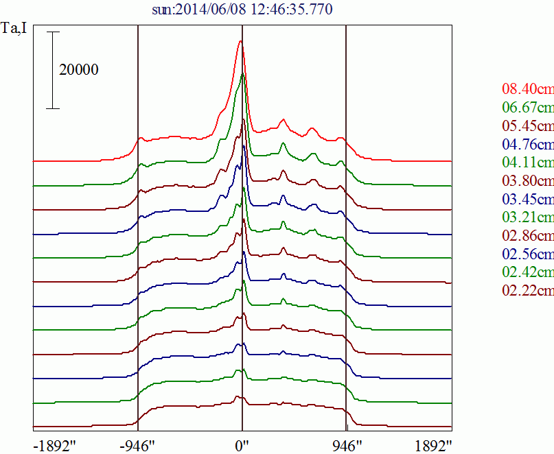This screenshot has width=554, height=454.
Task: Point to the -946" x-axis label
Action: coord(138,445)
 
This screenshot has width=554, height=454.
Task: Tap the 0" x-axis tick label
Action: coord(242,445)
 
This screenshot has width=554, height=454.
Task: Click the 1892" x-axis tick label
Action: coord(433,445)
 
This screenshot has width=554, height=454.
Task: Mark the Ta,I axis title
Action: coord(14,29)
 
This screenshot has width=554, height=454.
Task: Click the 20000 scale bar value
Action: coord(78,69)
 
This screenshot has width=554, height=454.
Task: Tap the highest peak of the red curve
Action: coord(240,41)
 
